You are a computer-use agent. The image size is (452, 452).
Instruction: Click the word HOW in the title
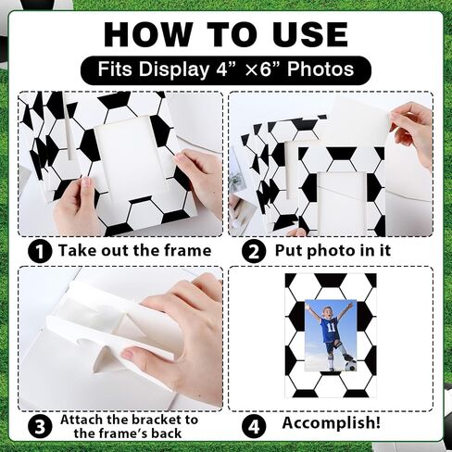[x=147, y=34]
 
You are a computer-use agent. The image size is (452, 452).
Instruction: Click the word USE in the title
[x=310, y=34]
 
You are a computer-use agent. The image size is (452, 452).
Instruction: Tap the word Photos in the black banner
[x=320, y=69]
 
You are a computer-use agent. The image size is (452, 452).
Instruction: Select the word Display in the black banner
[x=174, y=70]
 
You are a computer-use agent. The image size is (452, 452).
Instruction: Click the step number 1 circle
[x=40, y=252]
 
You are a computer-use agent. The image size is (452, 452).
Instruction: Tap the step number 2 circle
[x=254, y=252]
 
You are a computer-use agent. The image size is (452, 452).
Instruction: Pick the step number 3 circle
[x=40, y=427]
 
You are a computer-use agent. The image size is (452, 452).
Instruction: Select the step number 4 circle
[x=254, y=427]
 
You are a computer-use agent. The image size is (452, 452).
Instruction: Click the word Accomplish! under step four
[x=332, y=423]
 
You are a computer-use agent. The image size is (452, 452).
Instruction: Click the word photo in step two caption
[x=332, y=251]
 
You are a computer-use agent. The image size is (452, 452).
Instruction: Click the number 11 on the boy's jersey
[x=332, y=328]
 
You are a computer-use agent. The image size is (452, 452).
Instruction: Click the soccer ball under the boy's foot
[x=349, y=366]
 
